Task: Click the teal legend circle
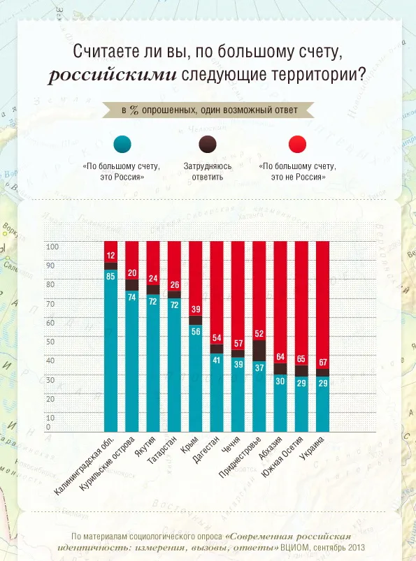click(x=122, y=144)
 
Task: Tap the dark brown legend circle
click(x=207, y=144)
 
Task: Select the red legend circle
click(x=297, y=144)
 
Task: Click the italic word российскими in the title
click(x=113, y=75)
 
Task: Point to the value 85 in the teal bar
click(x=110, y=276)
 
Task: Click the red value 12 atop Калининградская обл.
click(x=110, y=256)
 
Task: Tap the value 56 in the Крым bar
click(x=196, y=331)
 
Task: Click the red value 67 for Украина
click(x=322, y=363)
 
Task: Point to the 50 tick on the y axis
click(x=50, y=342)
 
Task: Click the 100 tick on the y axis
click(x=52, y=247)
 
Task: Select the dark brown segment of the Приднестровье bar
click(x=259, y=351)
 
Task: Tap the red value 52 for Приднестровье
click(x=259, y=334)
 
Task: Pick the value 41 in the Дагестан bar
click(x=217, y=360)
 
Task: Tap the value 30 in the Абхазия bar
click(x=280, y=381)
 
